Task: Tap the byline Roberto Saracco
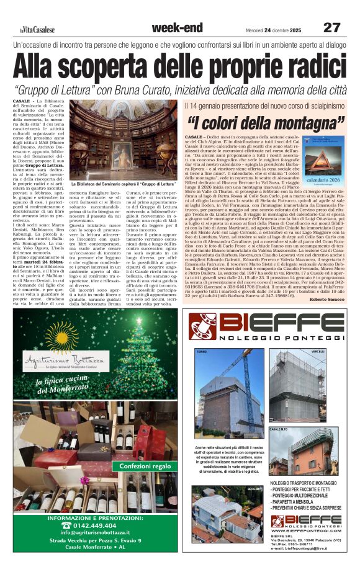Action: (326, 282)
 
